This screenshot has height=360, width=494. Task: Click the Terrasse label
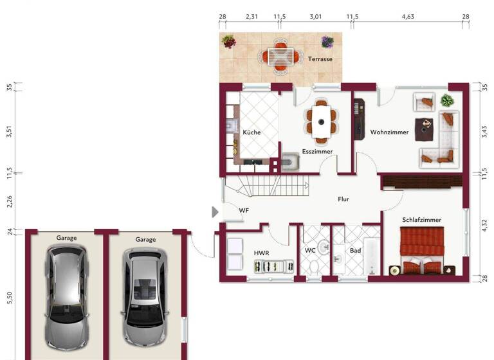point(320,59)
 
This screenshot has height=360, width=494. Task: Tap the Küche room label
point(252,132)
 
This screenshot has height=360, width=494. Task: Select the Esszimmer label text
point(317,152)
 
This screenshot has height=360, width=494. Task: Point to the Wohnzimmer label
point(389,132)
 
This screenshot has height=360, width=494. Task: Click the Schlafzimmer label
point(421,220)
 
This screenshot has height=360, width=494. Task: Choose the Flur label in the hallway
point(343,199)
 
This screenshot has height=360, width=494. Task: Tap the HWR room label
point(261,253)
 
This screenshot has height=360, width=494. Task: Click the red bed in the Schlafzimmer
point(421,251)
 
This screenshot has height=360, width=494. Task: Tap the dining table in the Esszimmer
point(320,120)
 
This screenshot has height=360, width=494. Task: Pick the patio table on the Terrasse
point(280,56)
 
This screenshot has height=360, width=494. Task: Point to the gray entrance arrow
point(215,212)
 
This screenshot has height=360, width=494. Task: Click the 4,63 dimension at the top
point(407,17)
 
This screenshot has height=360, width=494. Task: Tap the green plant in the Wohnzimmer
point(446,100)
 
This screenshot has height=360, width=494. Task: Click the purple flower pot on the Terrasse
point(327,43)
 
